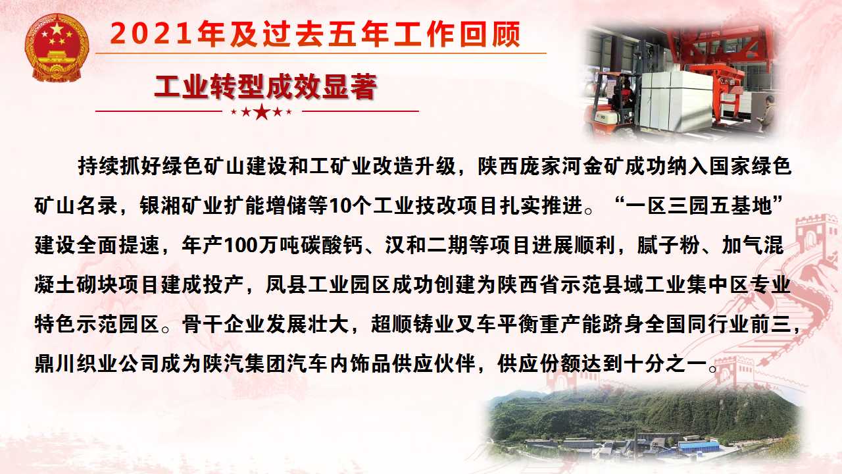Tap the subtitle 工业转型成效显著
click(x=266, y=87)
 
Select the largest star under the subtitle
click(x=262, y=112)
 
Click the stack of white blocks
click(x=677, y=101)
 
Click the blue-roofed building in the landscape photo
click(x=699, y=446)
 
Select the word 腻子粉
click(x=668, y=246)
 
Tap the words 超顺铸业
click(x=412, y=325)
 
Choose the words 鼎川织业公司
click(x=97, y=364)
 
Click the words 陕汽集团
click(x=244, y=364)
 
